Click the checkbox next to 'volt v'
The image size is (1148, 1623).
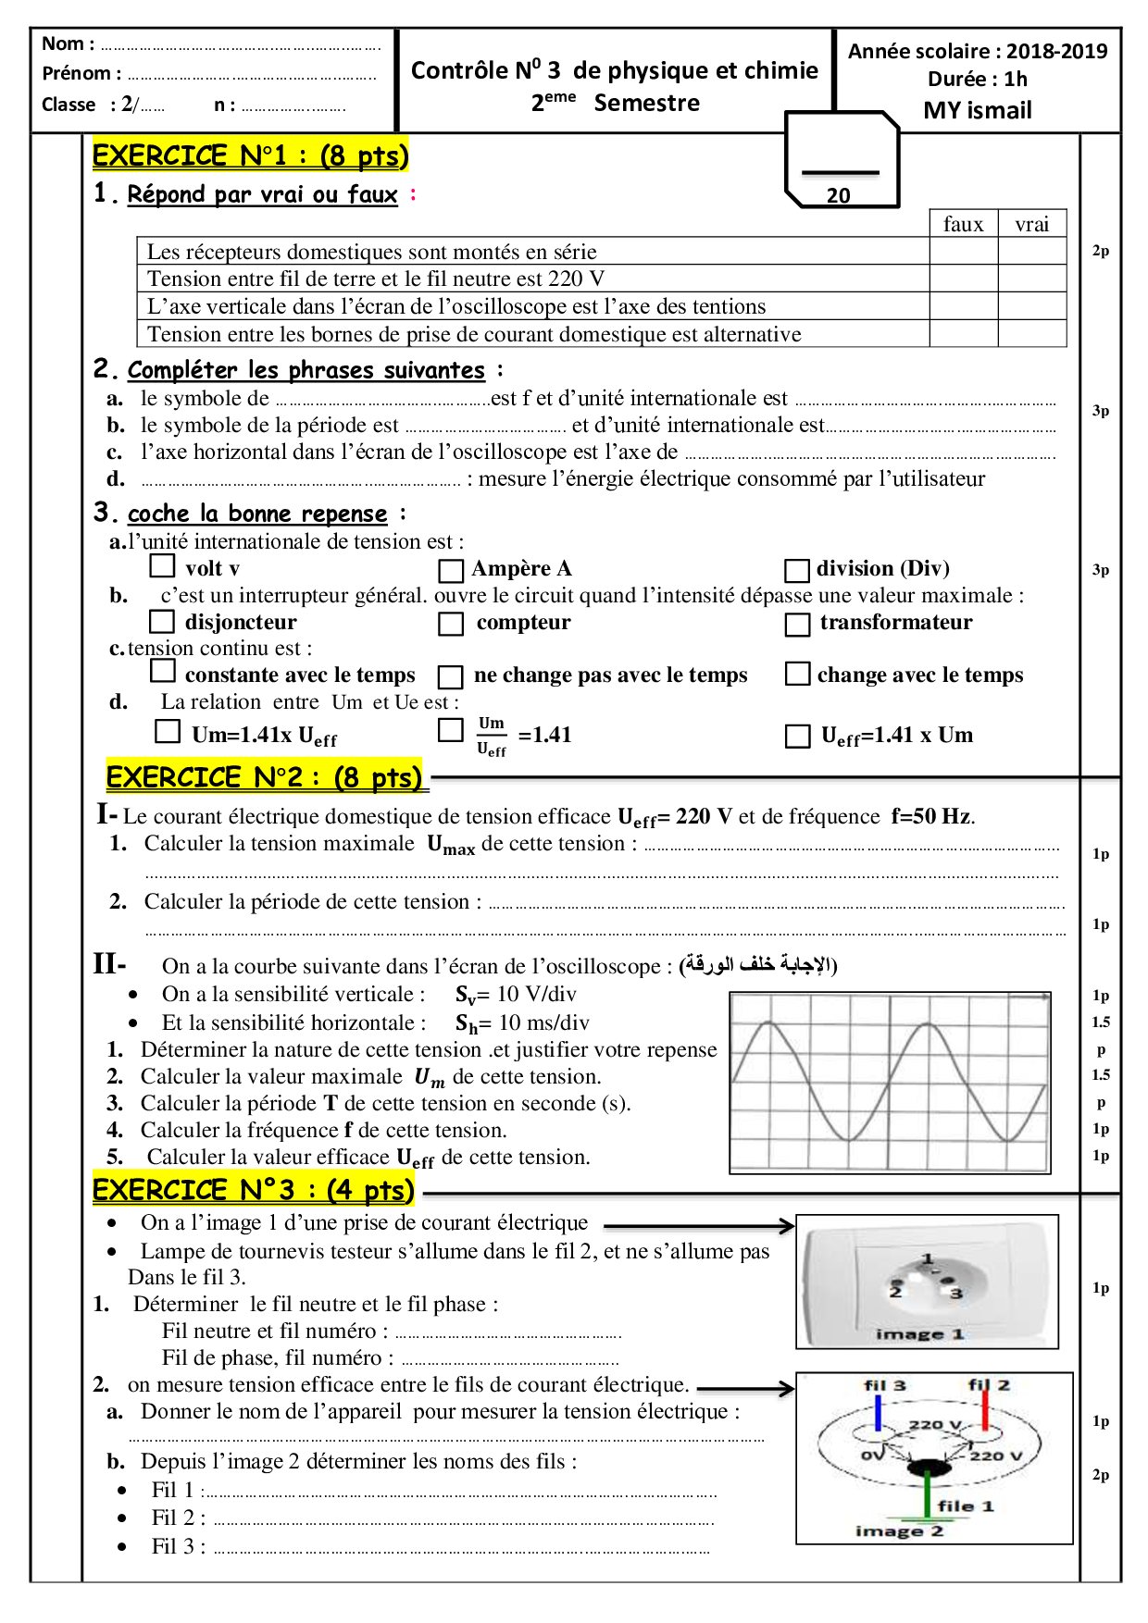[x=162, y=565]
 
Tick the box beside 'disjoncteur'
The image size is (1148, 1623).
[x=162, y=621]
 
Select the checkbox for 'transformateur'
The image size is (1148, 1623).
[x=797, y=625]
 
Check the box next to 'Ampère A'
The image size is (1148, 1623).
[x=451, y=570]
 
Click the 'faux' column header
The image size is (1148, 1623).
[x=963, y=224]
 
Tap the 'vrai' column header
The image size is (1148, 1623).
[x=1031, y=224]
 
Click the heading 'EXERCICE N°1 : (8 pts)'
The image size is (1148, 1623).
[x=250, y=155]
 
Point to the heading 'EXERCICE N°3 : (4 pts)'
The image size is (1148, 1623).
[x=253, y=1190]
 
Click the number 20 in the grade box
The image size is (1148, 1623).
[x=838, y=195]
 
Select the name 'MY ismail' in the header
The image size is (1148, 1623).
[x=977, y=110]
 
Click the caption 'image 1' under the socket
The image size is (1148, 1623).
[x=919, y=1334]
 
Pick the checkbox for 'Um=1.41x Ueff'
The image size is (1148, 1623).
[x=167, y=731]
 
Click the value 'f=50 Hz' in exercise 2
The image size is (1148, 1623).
[x=932, y=816]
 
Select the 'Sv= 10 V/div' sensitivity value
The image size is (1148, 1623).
[x=516, y=995]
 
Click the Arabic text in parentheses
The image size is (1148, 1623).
[x=758, y=965]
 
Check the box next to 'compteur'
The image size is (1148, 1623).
[x=451, y=624]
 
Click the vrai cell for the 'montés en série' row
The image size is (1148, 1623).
[x=1031, y=251]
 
